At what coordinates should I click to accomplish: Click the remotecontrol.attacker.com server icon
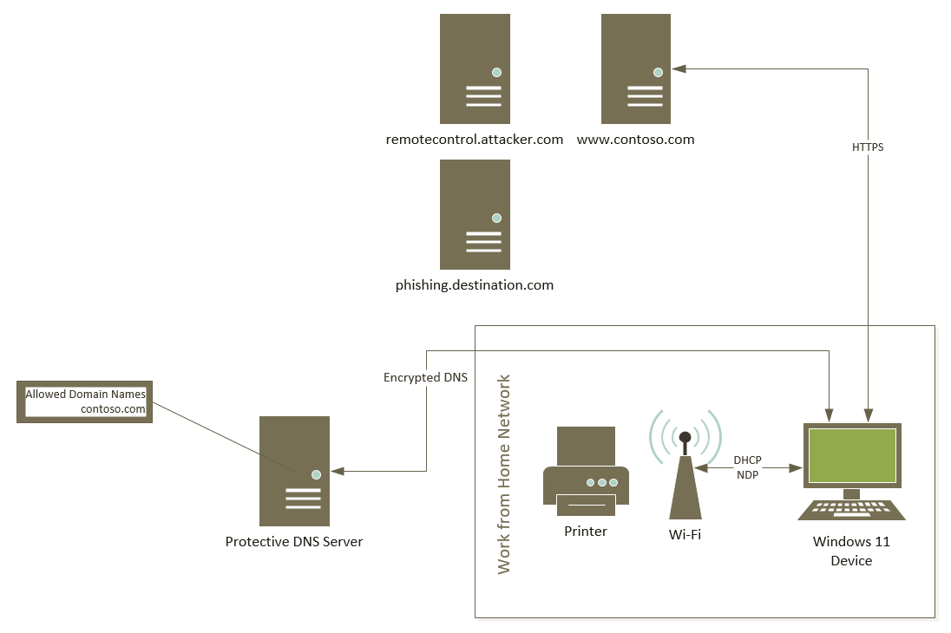point(475,69)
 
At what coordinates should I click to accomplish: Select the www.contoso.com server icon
point(636,69)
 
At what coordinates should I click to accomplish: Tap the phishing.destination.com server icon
point(475,215)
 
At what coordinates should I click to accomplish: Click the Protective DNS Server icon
point(294,471)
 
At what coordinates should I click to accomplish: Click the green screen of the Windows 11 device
point(851,455)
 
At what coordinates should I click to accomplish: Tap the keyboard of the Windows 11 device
point(851,510)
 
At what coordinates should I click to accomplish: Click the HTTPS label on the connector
point(868,147)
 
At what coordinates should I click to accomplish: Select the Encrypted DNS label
point(425,378)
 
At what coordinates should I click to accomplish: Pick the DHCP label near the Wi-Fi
point(747,460)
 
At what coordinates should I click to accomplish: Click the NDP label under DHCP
point(747,475)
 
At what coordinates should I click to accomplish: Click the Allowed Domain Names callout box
point(85,401)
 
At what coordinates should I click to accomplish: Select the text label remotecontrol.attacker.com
point(475,139)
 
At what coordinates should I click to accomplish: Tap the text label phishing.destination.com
point(475,284)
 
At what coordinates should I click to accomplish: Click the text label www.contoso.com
point(636,139)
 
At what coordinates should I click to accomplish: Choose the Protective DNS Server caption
point(294,542)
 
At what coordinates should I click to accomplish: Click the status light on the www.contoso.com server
point(658,72)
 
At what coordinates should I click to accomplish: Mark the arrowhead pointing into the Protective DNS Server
point(338,471)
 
